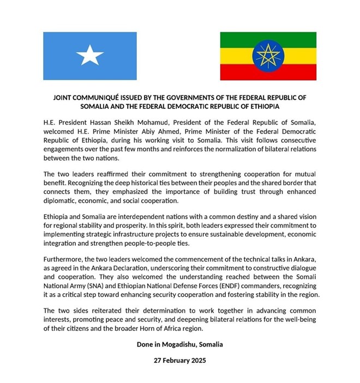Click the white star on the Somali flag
pos(91,54)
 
